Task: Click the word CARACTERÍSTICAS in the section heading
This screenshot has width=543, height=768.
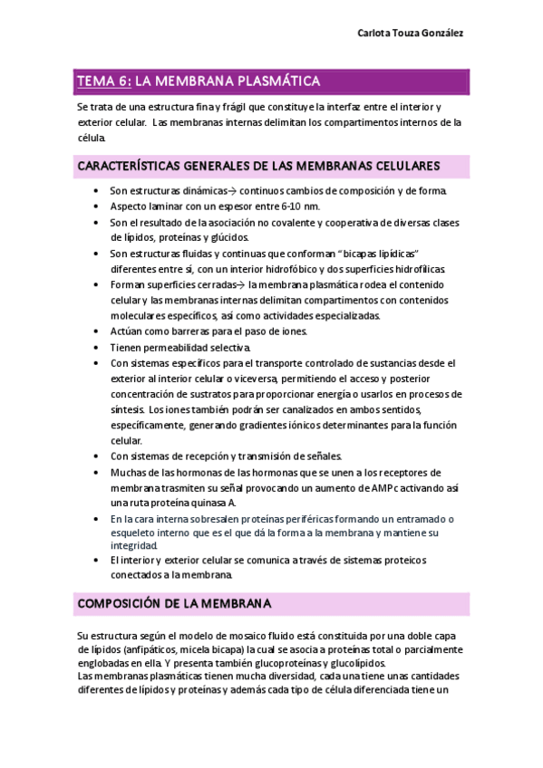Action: [x=130, y=166]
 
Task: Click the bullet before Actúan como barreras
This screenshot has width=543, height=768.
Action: [x=96, y=331]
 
